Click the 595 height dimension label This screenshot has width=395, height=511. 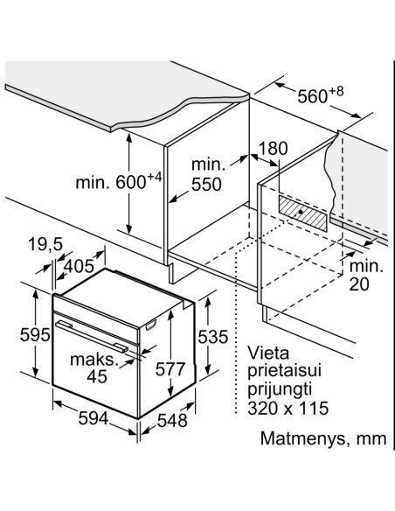pyautogui.click(x=35, y=335)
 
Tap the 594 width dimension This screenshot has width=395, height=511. pyautogui.click(x=93, y=418)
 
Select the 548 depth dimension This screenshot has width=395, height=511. pyautogui.click(x=172, y=420)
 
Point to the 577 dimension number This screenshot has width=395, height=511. pyautogui.click(x=170, y=369)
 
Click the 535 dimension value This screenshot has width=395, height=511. pyautogui.click(x=213, y=337)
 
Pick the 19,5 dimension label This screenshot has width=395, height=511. pyautogui.click(x=45, y=244)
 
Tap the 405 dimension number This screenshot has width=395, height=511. pyautogui.click(x=79, y=267)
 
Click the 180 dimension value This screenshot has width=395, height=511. pyautogui.click(x=274, y=149)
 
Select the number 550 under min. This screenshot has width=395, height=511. pyautogui.click(x=206, y=185)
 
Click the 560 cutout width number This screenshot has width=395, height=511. pyautogui.click(x=312, y=96)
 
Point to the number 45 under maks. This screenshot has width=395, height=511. pyautogui.click(x=97, y=377)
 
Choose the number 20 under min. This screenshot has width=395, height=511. pyautogui.click(x=359, y=284)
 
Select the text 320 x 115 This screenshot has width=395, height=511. pyautogui.click(x=288, y=409)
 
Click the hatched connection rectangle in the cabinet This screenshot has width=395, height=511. pyautogui.click(x=302, y=213)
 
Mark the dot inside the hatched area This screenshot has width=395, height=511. pyautogui.click(x=301, y=212)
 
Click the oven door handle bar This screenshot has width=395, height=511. pyautogui.click(x=92, y=337)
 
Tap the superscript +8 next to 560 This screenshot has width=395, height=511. pyautogui.click(x=336, y=92)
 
